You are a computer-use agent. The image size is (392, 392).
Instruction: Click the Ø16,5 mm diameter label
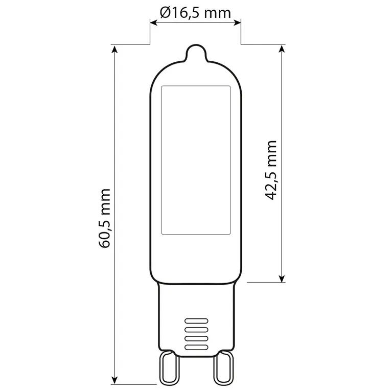[195, 13]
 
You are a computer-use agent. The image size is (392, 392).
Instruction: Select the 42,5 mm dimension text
[270, 170]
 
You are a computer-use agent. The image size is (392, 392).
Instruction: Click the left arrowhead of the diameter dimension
[153, 23]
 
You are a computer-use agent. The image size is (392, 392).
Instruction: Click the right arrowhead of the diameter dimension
[238, 23]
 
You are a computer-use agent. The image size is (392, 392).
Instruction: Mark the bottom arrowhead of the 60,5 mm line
[114, 380]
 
